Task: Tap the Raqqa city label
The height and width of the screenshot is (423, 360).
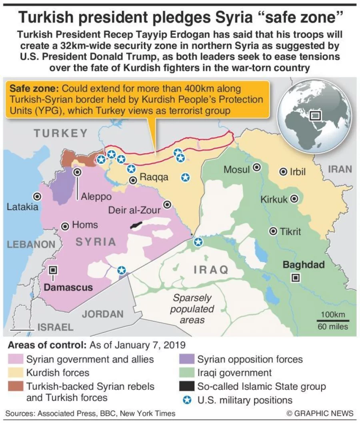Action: point(154,177)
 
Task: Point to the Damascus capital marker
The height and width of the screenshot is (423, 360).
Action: point(53,270)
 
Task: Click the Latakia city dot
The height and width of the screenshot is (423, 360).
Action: point(38,196)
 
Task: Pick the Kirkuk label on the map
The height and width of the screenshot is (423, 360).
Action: point(274,199)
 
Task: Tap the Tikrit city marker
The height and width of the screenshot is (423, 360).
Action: point(274,231)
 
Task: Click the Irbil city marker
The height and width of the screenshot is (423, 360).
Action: point(283,172)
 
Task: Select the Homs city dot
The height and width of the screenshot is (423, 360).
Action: point(65,226)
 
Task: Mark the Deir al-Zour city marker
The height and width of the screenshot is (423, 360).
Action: point(168,204)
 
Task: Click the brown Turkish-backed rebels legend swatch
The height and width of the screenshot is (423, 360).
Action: point(16,387)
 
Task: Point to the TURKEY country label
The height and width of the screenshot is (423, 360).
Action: point(61,133)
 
